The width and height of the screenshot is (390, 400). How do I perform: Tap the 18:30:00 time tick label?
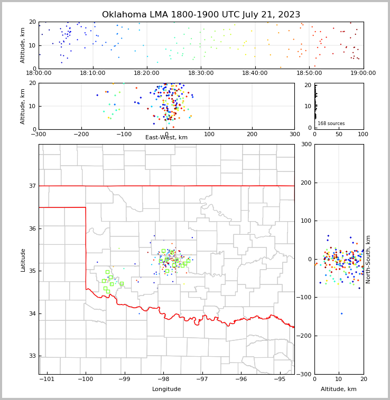(x=200, y=74)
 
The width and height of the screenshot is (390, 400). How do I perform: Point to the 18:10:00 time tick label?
(x=92, y=74)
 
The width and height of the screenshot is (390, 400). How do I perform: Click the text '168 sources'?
(x=331, y=123)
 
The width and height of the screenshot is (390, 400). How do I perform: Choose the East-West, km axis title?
(x=166, y=138)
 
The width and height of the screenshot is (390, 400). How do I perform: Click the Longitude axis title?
(x=166, y=389)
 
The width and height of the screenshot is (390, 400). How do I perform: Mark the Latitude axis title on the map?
(x=23, y=260)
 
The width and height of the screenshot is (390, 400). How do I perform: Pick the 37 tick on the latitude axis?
(x=32, y=186)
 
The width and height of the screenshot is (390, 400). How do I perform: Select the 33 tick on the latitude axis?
(x=32, y=356)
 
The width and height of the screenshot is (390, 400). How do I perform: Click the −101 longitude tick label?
(x=47, y=379)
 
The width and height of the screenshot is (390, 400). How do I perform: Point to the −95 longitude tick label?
(x=280, y=379)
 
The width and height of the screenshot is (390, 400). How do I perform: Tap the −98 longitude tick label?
(x=163, y=379)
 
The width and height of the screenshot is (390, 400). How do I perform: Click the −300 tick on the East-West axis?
(x=39, y=135)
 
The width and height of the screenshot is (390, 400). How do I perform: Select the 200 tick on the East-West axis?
(x=252, y=135)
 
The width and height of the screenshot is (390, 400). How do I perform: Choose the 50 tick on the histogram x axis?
(x=339, y=135)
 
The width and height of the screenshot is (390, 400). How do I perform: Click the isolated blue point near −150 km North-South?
(x=341, y=313)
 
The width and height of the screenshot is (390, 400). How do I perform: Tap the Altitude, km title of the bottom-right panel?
(x=339, y=389)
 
